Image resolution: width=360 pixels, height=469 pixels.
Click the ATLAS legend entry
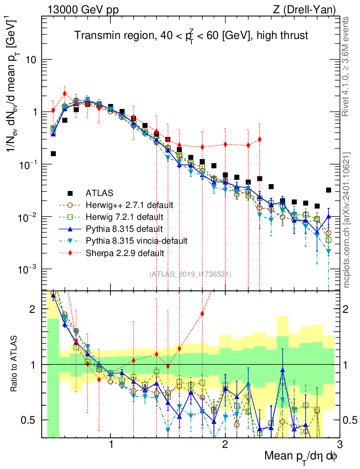pyautogui.click(x=98, y=193)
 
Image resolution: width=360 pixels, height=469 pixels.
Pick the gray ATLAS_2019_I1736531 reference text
pyautogui.click(x=190, y=274)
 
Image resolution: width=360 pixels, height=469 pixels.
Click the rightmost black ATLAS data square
pyautogui.click(x=328, y=190)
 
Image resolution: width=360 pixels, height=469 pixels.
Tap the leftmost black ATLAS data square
pyautogui.click(x=53, y=154)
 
